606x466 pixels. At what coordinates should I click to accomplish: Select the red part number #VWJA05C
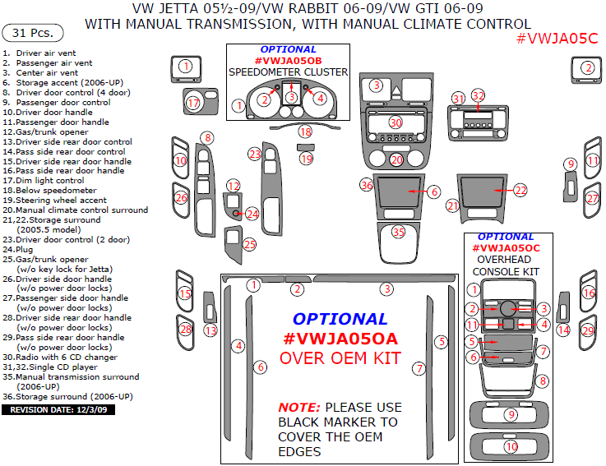557,38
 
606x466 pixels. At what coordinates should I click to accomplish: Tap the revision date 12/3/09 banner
57,408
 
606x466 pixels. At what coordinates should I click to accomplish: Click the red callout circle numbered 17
193,104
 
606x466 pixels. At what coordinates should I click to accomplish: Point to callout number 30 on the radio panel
396,122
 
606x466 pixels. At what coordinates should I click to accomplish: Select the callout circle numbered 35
399,233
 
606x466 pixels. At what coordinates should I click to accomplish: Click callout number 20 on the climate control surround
396,159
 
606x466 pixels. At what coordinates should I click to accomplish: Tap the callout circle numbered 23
255,155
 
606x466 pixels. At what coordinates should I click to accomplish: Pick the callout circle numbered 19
307,159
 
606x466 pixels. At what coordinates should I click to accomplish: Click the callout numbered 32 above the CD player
478,96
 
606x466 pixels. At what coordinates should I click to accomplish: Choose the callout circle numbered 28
186,330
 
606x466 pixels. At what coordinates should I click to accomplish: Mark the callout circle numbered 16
588,293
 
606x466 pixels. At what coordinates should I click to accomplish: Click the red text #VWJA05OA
340,339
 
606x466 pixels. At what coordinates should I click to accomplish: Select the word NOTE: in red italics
299,408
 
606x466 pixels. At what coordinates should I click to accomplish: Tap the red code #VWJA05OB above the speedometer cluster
288,61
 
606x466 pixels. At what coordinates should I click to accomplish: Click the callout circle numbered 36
367,186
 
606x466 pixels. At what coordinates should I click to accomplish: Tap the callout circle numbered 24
252,214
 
